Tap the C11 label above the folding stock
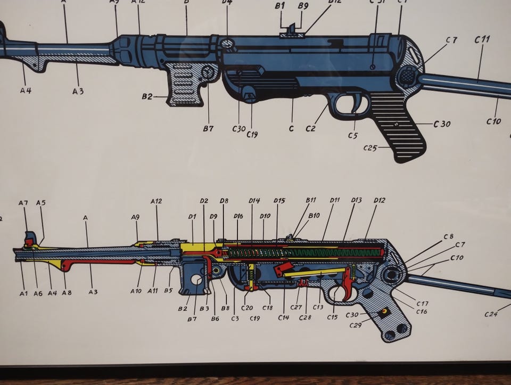tap(482, 39)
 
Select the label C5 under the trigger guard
tap(352, 135)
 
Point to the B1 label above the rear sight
tap(281, 6)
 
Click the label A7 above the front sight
tap(23, 203)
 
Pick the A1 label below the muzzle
tap(23, 293)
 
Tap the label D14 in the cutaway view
tap(254, 201)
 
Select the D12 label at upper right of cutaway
tap(379, 200)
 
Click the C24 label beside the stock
tap(491, 314)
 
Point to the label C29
tap(356, 325)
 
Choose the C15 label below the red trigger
tap(332, 317)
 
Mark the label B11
tap(311, 200)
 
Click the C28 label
tap(305, 317)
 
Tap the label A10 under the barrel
tap(136, 291)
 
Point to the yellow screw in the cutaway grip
tap(383, 312)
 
